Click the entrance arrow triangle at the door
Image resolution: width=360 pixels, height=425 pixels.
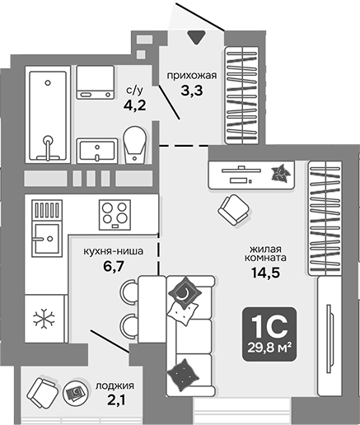(x=196, y=37)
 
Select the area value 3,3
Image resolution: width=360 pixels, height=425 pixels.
(x=191, y=92)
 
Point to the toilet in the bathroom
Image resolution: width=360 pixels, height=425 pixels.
(x=134, y=145)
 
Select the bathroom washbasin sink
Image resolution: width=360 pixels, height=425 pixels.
(x=97, y=150)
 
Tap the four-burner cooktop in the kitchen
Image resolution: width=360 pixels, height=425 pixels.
(x=115, y=214)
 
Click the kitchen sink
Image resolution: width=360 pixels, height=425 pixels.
(x=44, y=240)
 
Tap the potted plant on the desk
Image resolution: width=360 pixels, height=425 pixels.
(x=281, y=173)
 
